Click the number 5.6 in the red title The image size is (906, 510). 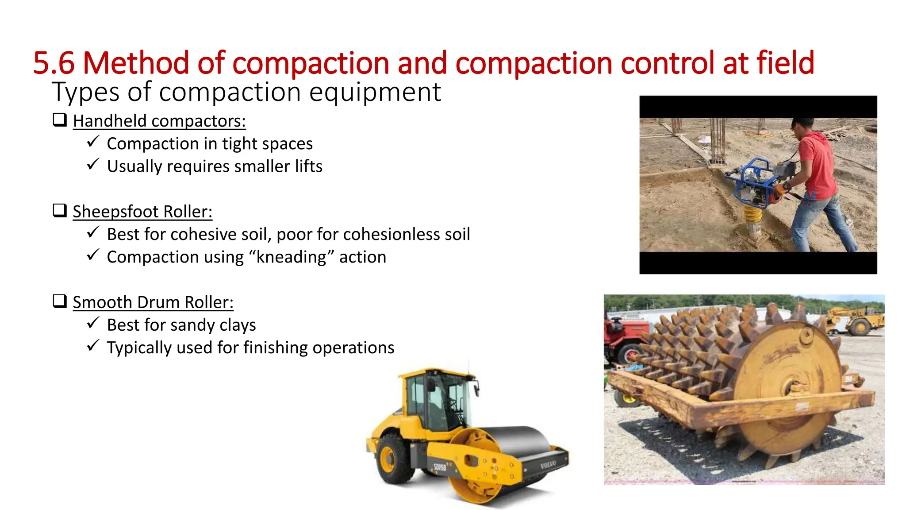tap(54, 63)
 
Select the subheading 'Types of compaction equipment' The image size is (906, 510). tap(246, 92)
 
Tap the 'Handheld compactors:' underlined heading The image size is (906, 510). tap(159, 121)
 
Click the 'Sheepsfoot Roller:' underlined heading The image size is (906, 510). tap(142, 212)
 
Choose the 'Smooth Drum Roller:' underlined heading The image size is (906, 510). tap(153, 302)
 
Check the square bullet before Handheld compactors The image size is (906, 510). tap(60, 120)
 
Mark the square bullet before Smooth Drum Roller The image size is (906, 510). tap(60, 301)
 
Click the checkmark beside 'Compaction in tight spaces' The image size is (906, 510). tap(93, 142)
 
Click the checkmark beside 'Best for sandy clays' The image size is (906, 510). tap(93, 323)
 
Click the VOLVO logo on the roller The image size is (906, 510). tap(548, 465)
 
